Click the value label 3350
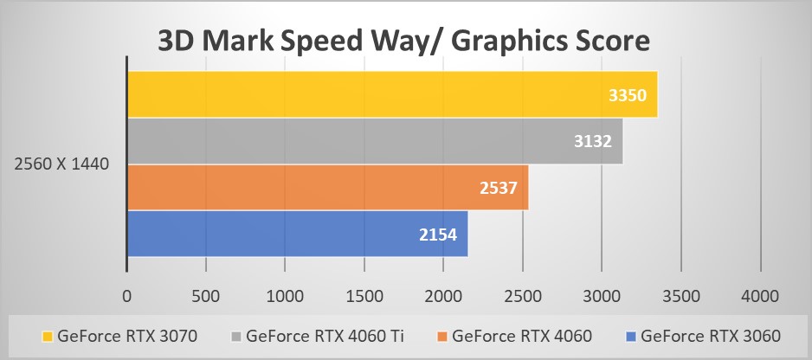[628, 95]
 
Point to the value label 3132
[595, 141]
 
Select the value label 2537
[500, 188]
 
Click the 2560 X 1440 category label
[61, 164]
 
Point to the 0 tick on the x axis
[127, 296]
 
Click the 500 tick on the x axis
[206, 296]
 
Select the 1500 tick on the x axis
[364, 296]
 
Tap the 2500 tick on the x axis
[523, 296]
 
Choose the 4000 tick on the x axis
[760, 296]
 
